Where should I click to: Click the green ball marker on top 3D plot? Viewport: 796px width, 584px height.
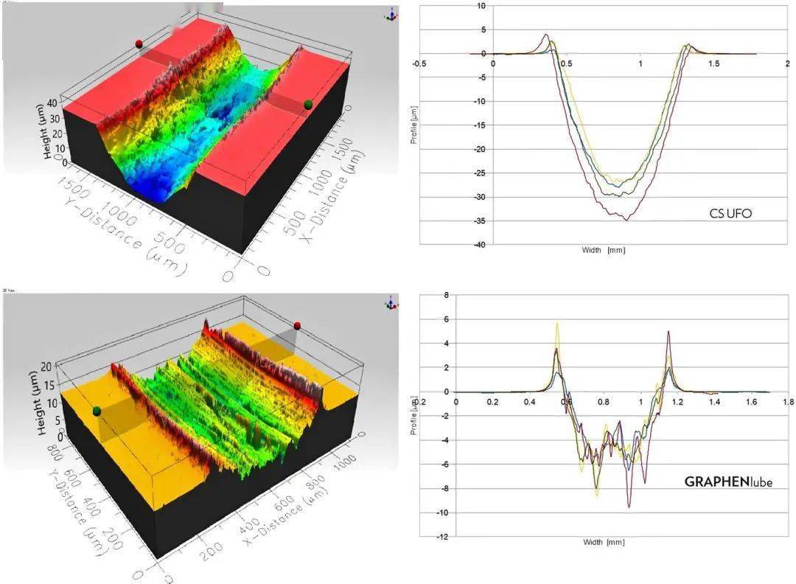[308, 105]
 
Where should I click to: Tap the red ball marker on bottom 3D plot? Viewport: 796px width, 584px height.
[298, 325]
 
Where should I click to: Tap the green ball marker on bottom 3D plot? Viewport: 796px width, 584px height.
[97, 410]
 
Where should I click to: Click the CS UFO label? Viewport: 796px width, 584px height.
[730, 215]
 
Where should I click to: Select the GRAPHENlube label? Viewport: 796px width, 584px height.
[728, 482]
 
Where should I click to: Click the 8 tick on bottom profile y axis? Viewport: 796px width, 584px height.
[444, 296]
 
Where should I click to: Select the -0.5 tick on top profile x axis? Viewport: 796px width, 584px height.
[419, 63]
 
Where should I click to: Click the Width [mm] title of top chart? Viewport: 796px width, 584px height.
[604, 251]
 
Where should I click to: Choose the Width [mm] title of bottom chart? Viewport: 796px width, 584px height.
[604, 543]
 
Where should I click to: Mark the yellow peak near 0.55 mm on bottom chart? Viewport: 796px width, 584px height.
[558, 324]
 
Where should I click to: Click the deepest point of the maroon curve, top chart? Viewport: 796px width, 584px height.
[626, 220]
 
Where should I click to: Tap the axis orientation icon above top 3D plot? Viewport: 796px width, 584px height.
[390, 15]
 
